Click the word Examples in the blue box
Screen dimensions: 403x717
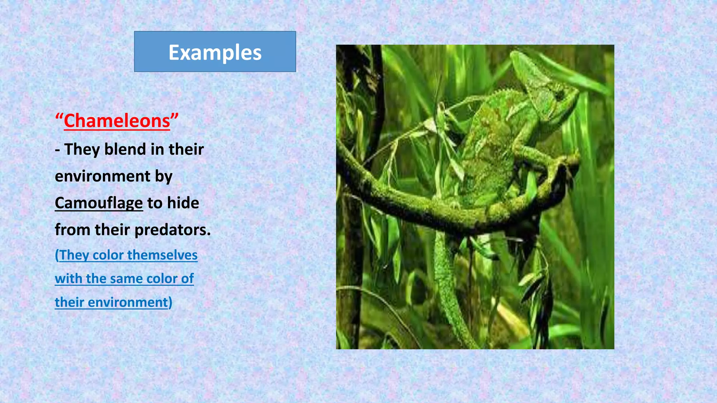(x=215, y=52)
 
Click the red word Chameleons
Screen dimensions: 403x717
(x=117, y=121)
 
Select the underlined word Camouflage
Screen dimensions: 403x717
(x=99, y=203)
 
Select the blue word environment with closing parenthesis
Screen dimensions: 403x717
(x=130, y=302)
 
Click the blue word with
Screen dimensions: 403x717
(x=69, y=279)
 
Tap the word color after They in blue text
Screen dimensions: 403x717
(x=108, y=255)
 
